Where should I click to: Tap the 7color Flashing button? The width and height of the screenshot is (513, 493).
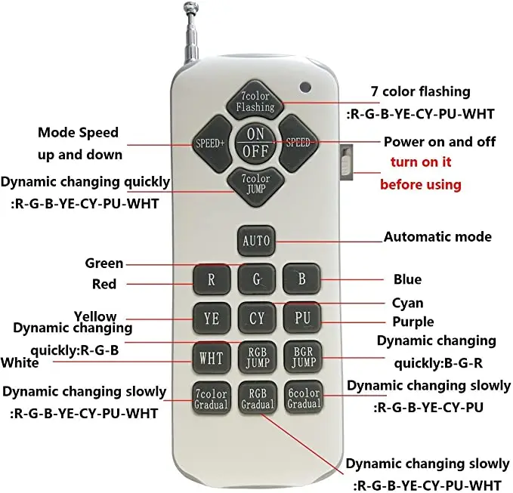point(255,102)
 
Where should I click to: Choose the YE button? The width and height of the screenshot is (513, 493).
point(212,318)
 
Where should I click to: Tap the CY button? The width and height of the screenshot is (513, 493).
point(257,318)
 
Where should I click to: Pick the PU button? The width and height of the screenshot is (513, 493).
point(302,318)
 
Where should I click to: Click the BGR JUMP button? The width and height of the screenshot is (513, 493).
point(302,357)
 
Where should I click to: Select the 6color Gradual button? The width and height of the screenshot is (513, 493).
point(304,398)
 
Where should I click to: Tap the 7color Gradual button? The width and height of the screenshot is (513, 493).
point(211,398)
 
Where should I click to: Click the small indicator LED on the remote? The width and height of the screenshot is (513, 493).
point(306,86)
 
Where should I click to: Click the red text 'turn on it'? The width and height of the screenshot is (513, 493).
point(422,162)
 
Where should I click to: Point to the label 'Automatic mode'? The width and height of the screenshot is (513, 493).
point(437,236)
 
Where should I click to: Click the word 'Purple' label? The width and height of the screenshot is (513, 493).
point(408,322)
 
